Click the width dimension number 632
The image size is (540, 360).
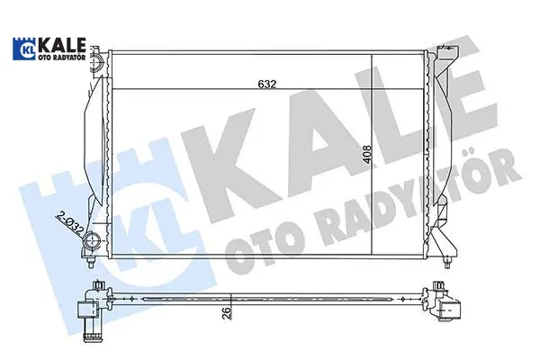(267, 84)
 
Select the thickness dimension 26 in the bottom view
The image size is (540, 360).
(226, 312)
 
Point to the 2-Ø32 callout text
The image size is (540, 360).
(69, 223)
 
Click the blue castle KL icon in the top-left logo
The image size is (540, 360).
(23, 49)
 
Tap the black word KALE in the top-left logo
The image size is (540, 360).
(61, 46)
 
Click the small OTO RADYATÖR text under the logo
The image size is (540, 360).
(61, 58)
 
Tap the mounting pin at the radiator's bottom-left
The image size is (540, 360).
(91, 262)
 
